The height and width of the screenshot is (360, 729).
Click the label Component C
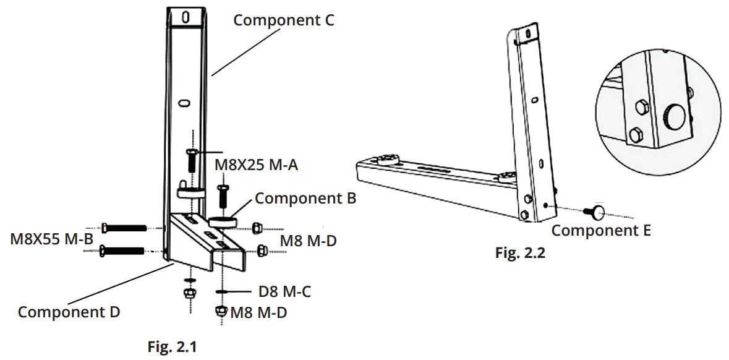pos(283,20)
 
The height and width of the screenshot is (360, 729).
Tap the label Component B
pos(305,199)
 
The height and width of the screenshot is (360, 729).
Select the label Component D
pos(69,312)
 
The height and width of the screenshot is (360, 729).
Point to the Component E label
pos(601,231)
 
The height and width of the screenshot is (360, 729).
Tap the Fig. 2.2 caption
pos(520,253)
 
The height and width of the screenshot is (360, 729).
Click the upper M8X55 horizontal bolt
pos(125,228)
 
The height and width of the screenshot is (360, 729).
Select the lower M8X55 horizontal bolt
pos(124,251)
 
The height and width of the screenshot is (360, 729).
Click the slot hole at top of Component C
pos(185,17)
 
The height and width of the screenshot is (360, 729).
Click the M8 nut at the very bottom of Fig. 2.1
pos(220,312)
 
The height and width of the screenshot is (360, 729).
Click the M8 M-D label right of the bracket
pos(308,241)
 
